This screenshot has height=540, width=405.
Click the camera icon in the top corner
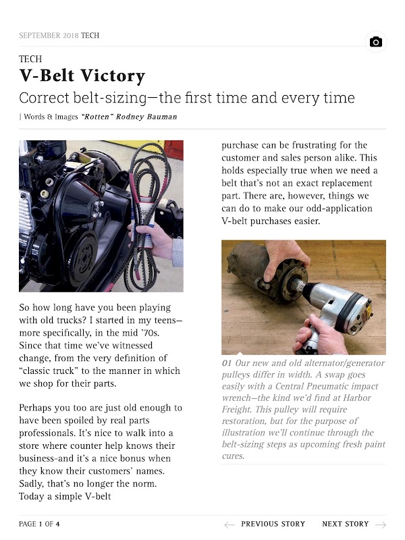tap(376, 42)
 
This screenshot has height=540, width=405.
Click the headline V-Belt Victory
tap(82, 76)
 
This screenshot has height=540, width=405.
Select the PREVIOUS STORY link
tap(273, 524)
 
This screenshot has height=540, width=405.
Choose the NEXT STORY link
tap(345, 524)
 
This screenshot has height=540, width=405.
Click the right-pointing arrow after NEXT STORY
tap(381, 524)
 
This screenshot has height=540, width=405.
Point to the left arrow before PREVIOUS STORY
tap(230, 524)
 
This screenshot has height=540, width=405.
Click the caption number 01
tap(227, 363)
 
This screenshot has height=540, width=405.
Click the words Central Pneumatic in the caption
tap(304, 386)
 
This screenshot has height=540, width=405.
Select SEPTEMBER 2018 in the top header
tap(49, 35)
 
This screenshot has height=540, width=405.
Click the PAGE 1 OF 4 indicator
tap(39, 524)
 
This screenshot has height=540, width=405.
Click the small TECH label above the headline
tap(30, 59)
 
